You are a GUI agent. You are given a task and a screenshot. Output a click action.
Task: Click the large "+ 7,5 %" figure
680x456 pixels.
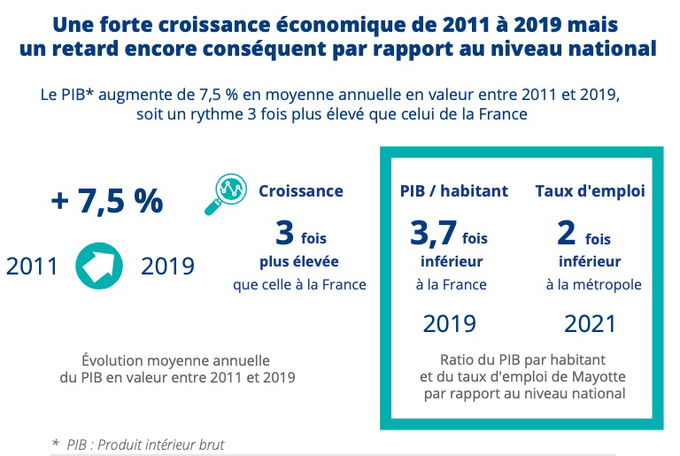coord(107,201)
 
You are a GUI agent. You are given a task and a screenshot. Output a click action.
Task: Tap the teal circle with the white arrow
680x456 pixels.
coord(99,266)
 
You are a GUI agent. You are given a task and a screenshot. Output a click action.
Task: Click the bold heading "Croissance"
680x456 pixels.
coord(300,190)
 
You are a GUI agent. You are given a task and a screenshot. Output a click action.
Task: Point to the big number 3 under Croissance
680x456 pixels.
coord(284,234)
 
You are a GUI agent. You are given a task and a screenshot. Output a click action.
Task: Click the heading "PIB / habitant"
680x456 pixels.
coord(454,190)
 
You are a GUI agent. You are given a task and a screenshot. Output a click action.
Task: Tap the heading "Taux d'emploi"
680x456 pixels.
coord(589,190)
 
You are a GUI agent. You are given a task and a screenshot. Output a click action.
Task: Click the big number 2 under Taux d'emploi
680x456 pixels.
coord(567,234)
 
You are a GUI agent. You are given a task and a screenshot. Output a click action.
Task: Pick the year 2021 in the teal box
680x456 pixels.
coord(590,323)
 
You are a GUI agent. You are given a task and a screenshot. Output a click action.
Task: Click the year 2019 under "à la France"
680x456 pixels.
coord(450,323)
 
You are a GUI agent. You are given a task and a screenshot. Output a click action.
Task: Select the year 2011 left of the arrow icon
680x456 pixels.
coord(33,266)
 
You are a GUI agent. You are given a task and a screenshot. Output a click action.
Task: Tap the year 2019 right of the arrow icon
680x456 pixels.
coord(168,266)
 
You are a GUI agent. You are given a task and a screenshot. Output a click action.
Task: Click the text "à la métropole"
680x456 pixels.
coord(593,284)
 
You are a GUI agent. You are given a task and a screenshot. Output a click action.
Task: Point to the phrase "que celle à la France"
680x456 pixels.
coord(299,284)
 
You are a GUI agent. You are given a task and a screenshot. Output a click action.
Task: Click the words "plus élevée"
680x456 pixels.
coord(299,261)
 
